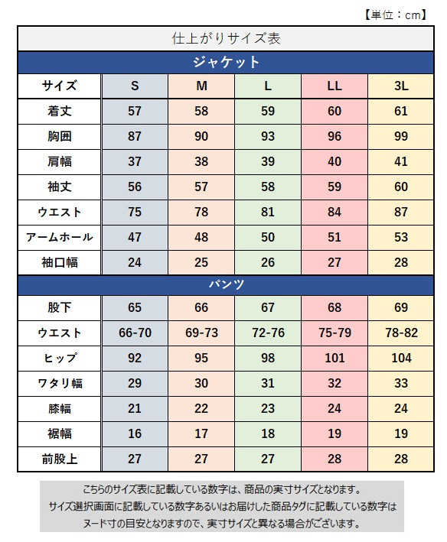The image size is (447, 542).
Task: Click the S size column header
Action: pyautogui.click(x=135, y=86)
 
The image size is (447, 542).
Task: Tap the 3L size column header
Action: pyautogui.click(x=401, y=86)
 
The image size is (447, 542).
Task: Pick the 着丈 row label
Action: pyautogui.click(x=59, y=111)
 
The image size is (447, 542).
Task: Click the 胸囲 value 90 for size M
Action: pyautogui.click(x=201, y=136)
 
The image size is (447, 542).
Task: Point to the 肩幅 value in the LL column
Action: pyautogui.click(x=334, y=161)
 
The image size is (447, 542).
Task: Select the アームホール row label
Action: pyautogui.click(x=59, y=237)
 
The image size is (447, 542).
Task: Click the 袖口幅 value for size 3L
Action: pyautogui.click(x=401, y=262)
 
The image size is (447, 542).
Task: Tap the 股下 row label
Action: pyautogui.click(x=59, y=308)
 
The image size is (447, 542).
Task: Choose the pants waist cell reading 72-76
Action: pyautogui.click(x=268, y=333)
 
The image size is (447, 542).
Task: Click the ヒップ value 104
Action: pyautogui.click(x=401, y=358)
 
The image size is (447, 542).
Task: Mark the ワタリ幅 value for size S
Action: pyautogui.click(x=135, y=383)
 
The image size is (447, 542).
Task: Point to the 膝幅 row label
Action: pyautogui.click(x=59, y=408)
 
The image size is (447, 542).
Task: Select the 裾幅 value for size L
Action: pyautogui.click(x=268, y=433)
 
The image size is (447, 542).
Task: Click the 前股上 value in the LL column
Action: pyautogui.click(x=334, y=459)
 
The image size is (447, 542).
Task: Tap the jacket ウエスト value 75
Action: pyautogui.click(x=135, y=212)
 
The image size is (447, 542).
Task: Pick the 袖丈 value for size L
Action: pyautogui.click(x=268, y=187)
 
